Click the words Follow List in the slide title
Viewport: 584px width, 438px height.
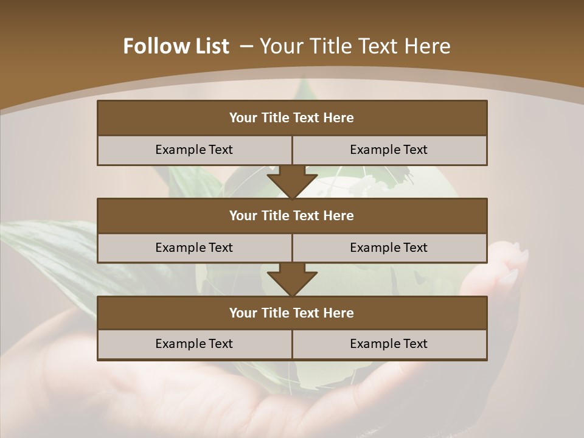click(x=176, y=46)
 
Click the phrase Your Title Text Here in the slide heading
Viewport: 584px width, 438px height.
click(x=355, y=46)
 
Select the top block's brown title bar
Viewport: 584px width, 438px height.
click(x=292, y=118)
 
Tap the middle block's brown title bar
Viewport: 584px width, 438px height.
click(x=292, y=215)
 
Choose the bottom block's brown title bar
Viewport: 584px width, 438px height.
click(x=292, y=313)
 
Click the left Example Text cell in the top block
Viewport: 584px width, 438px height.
click(x=194, y=150)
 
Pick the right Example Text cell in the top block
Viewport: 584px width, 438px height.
click(x=389, y=150)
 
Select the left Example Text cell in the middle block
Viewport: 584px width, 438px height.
click(x=194, y=248)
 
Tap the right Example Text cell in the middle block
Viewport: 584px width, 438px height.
click(x=389, y=248)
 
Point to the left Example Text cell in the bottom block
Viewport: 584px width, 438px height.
click(x=194, y=344)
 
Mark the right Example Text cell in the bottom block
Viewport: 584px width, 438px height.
click(x=389, y=344)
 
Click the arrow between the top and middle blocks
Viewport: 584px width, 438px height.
click(x=292, y=181)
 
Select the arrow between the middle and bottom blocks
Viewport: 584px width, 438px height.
click(x=292, y=279)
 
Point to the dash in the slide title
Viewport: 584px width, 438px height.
click(x=246, y=46)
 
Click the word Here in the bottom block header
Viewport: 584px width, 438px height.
click(x=338, y=313)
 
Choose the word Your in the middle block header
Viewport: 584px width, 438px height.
click(x=243, y=215)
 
